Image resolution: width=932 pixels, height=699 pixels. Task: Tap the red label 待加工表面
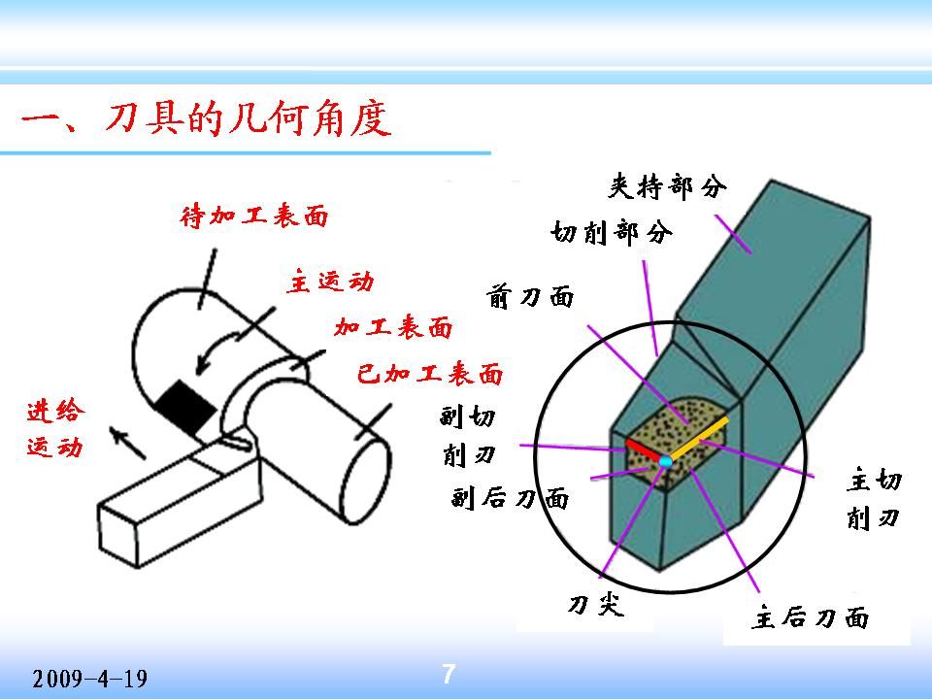pos(254,216)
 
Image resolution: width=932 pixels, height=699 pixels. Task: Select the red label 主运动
pos(330,281)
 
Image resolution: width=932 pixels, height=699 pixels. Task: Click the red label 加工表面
pos(393,327)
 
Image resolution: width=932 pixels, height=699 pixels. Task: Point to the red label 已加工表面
pos(430,374)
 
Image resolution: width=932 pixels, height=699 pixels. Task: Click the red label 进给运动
pos(56,429)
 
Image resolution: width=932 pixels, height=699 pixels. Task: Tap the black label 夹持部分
pos(667,186)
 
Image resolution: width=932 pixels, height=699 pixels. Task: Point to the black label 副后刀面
pos(510,497)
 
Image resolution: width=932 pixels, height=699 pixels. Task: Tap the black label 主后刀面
pos(811,617)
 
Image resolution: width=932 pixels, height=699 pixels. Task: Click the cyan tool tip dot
pos(665,461)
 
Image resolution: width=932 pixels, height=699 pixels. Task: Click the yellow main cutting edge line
pos(699,439)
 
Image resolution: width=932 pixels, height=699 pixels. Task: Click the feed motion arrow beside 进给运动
pos(128,443)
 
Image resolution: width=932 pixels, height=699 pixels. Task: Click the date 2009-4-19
pos(89,679)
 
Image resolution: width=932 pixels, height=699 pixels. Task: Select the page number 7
pos(449,674)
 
